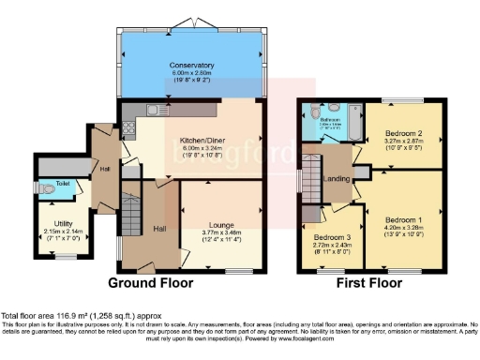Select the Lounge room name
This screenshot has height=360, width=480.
click(220, 226)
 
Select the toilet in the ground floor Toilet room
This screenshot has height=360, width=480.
click(51, 189)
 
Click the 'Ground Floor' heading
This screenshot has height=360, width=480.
click(151, 282)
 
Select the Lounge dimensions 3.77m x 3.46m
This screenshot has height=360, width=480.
click(220, 234)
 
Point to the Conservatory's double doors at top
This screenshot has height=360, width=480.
click(194, 21)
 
